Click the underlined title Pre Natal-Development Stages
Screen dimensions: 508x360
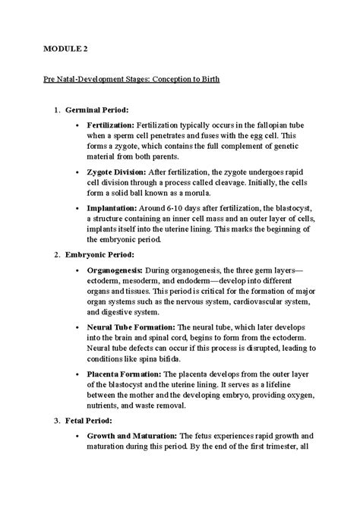coord(131,80)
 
